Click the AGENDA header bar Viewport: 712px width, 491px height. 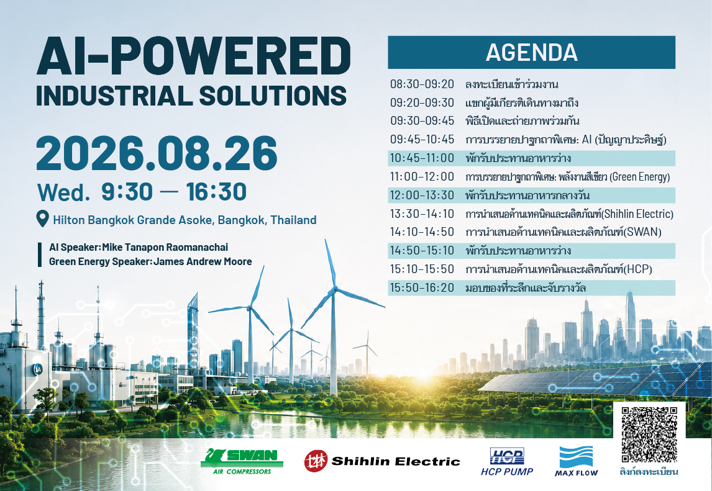click(531, 52)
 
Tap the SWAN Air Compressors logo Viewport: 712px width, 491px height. click(242, 461)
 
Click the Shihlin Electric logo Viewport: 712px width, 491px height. click(382, 461)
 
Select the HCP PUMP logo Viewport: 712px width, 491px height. click(507, 462)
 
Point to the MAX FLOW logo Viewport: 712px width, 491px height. click(576, 461)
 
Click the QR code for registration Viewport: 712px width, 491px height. click(649, 435)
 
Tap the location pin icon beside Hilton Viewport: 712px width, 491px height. click(42, 218)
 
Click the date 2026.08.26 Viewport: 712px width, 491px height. click(157, 153)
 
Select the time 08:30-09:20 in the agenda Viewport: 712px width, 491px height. click(422, 84)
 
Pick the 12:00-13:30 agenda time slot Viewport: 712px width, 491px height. click(422, 195)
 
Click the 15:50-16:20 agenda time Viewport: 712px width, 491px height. click(422, 287)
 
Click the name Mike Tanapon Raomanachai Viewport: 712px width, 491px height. click(165, 247)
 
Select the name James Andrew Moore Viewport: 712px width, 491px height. click(203, 261)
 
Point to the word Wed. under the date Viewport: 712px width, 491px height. click(63, 192)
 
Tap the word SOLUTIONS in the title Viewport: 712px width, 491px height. click(273, 96)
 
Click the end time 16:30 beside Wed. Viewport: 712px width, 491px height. click(216, 192)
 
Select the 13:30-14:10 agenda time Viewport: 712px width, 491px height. click(422, 214)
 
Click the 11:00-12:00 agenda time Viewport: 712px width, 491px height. click(422, 176)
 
